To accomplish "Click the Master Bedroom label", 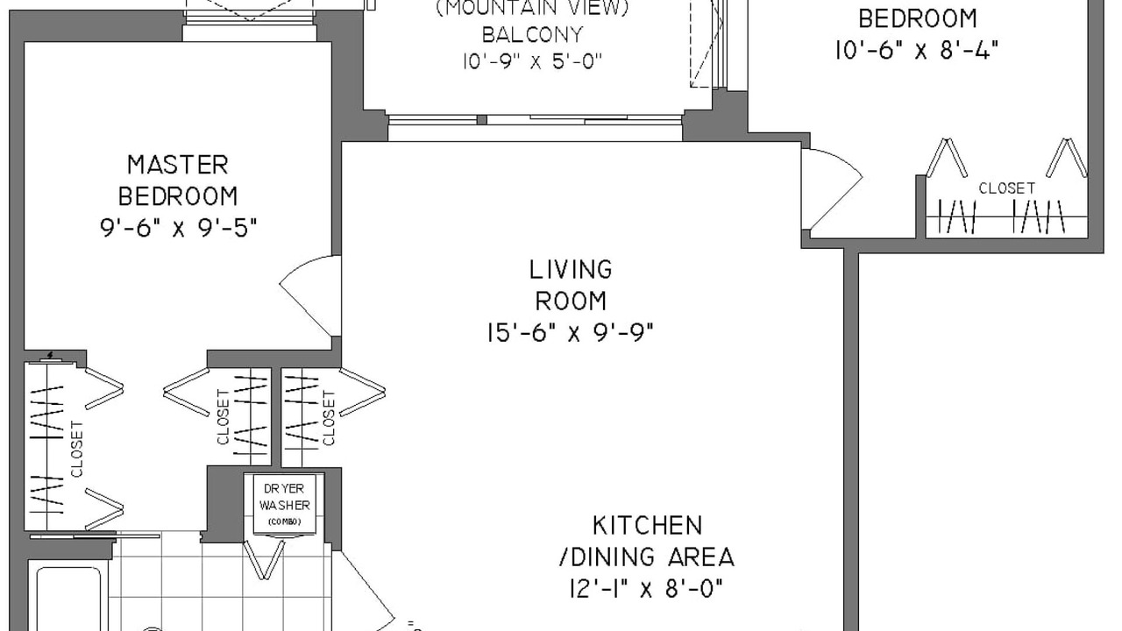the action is [178, 181].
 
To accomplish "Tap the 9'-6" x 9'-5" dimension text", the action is [179, 229].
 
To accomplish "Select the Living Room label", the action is [571, 285].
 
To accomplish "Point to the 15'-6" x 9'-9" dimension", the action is [571, 332].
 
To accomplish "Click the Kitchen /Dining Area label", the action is [647, 542].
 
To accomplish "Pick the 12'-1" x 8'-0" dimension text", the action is [647, 588].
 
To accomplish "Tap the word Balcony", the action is [532, 34].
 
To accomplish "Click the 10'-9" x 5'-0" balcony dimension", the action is [532, 61].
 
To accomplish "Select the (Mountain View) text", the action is [532, 8].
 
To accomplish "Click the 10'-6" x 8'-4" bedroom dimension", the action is [917, 50].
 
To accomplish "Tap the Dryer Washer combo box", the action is [285, 504].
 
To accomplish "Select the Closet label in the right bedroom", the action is [1007, 188].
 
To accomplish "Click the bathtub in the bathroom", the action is [69, 599].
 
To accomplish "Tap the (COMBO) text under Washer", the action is [285, 521].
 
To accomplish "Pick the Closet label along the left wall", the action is [76, 450].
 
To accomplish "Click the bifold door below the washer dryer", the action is [265, 559].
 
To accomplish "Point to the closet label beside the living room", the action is [329, 419].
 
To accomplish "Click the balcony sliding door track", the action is [535, 120].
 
